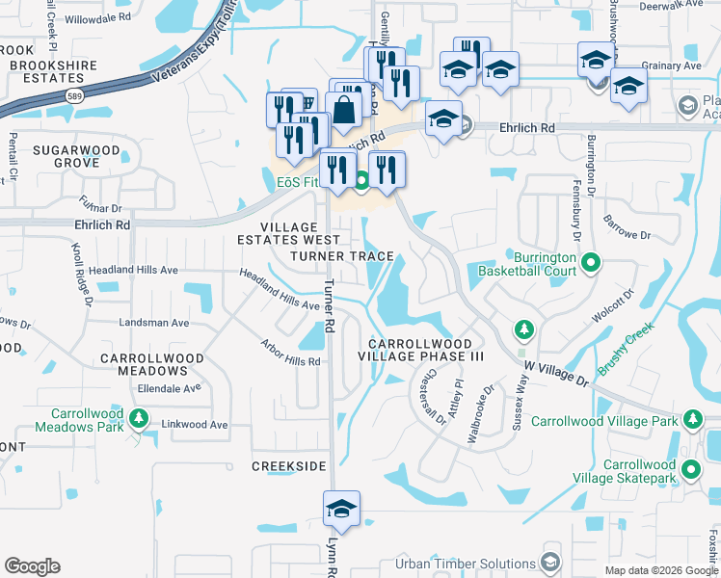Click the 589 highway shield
pyautogui.click(x=73, y=95)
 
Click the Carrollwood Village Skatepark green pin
pyautogui.click(x=691, y=470)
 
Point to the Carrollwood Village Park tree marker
pyautogui.click(x=691, y=419)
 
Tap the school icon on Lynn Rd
pyautogui.click(x=341, y=510)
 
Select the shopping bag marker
pyautogui.click(x=343, y=111)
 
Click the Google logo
pyautogui.click(x=32, y=566)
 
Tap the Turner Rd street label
pyautogui.click(x=329, y=306)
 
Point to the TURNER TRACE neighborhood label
pyautogui.click(x=342, y=256)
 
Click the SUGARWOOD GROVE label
pyautogui.click(x=66, y=157)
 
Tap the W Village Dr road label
pyautogui.click(x=555, y=373)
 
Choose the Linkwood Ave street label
pyautogui.click(x=195, y=424)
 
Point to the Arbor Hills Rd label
pyautogui.click(x=289, y=353)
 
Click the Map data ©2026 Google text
pyautogui.click(x=660, y=570)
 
